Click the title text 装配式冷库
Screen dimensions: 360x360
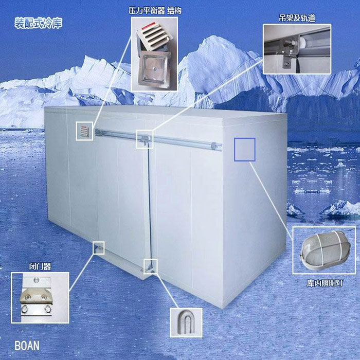[x=39, y=23]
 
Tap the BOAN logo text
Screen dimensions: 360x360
[x=27, y=346]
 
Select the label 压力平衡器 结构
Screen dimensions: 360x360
[x=155, y=11]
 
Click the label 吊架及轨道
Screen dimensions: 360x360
[x=297, y=18]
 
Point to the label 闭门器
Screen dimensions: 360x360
[x=40, y=266]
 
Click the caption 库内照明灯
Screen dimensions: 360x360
[x=325, y=283]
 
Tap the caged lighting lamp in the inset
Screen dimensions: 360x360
[x=325, y=250]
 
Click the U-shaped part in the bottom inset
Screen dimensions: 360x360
[x=186, y=322]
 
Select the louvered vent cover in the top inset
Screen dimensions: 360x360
[x=154, y=35]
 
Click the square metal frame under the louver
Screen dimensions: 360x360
[x=154, y=69]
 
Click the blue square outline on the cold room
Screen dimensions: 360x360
[x=245, y=150]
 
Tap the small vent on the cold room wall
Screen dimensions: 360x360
[x=85, y=131]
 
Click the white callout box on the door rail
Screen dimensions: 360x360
[x=145, y=139]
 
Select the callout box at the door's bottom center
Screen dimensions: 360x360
[x=150, y=266]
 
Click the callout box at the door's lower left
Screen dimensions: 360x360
[x=99, y=248]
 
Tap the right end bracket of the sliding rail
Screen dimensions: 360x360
[x=214, y=146]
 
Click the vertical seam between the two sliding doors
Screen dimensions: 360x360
[x=149, y=204]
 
